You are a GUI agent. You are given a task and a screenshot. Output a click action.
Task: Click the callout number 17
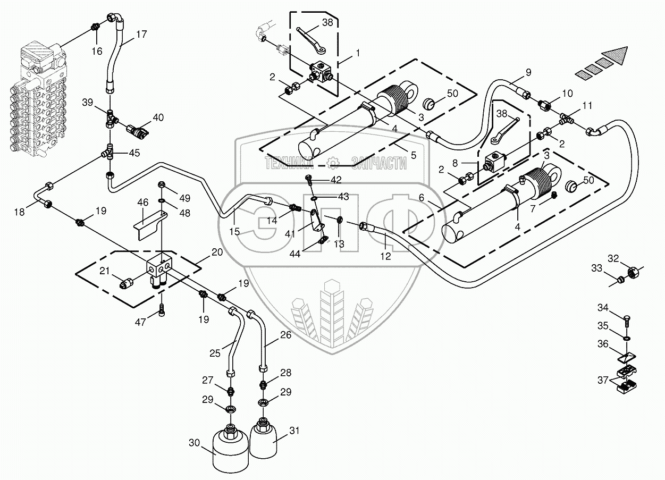tap(141, 34)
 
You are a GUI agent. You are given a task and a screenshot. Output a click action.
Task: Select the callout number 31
tap(294, 430)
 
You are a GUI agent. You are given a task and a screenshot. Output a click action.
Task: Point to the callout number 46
tap(142, 203)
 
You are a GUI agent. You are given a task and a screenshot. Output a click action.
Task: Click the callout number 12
tap(385, 256)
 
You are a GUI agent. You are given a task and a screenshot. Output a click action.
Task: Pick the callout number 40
tap(158, 117)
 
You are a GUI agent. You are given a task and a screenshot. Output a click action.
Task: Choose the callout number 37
tap(603, 380)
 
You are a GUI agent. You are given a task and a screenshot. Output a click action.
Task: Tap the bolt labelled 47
tap(162, 309)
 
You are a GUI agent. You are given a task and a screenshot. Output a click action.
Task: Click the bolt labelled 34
tap(626, 321)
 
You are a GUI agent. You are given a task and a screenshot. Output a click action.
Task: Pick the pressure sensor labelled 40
tap(138, 131)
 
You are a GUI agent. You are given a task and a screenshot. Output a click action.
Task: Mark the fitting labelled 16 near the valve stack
tap(95, 27)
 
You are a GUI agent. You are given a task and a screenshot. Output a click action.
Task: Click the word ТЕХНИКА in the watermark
tap(287, 163)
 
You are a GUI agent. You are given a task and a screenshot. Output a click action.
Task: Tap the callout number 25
tap(215, 353)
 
